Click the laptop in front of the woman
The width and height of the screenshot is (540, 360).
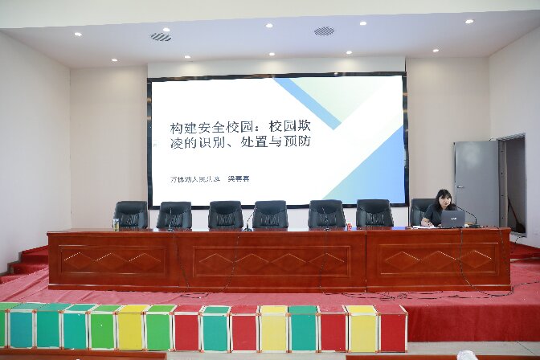pyautogui.click(x=452, y=219)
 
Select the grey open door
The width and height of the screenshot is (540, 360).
pyautogui.click(x=477, y=182)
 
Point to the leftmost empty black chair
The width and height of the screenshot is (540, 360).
pyautogui.click(x=131, y=215)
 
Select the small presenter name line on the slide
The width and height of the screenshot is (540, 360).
pyautogui.click(x=210, y=178)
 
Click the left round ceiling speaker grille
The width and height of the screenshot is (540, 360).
pyautogui.click(x=161, y=36)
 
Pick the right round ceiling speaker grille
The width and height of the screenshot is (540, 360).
pyautogui.click(x=324, y=31)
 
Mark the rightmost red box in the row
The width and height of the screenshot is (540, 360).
pyautogui.click(x=392, y=328)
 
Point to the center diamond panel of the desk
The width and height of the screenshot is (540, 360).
pyautogui.click(x=271, y=261)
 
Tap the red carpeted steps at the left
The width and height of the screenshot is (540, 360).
pyautogui.click(x=27, y=261)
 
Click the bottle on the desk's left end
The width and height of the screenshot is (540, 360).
pyautogui.click(x=116, y=223)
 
